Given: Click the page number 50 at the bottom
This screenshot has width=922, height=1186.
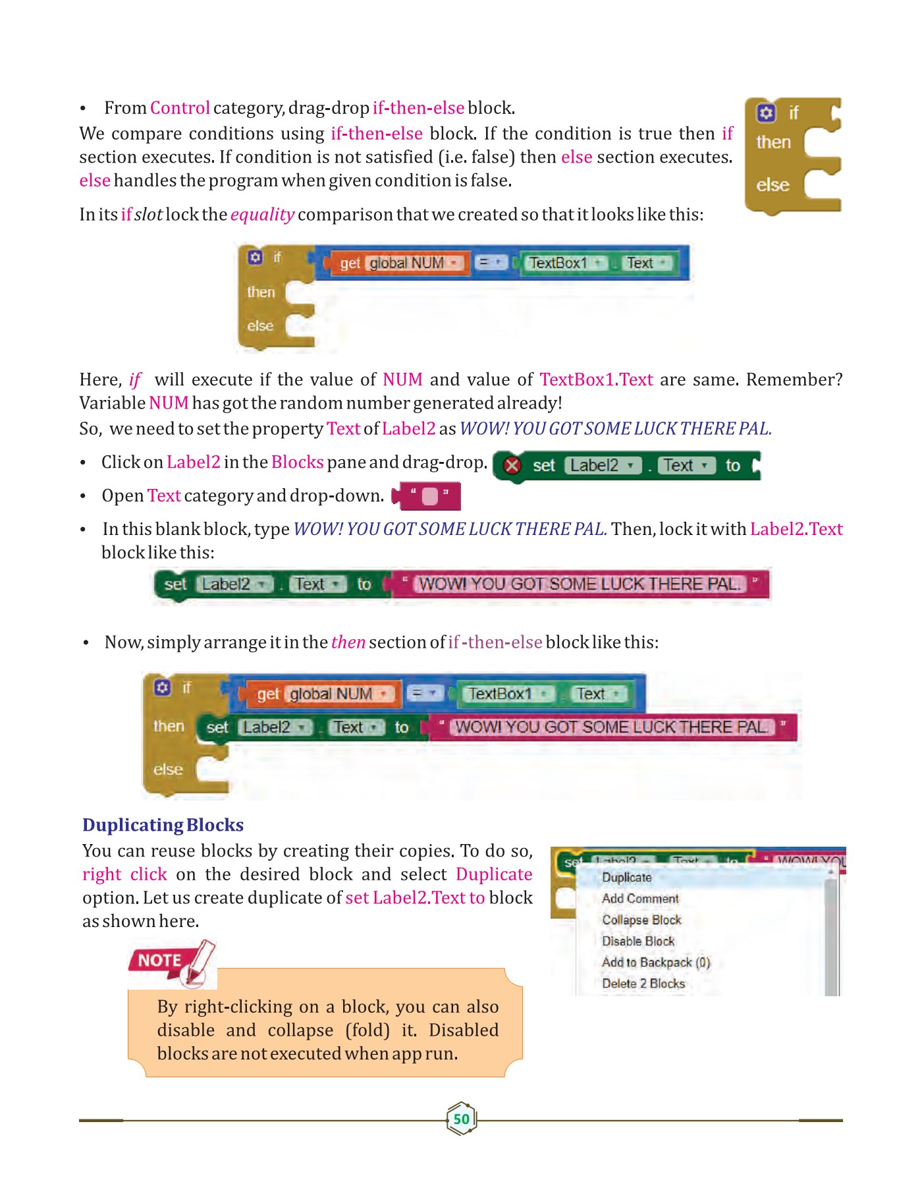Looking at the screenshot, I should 462,1118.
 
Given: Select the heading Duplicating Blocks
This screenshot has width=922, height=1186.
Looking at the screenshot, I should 163,825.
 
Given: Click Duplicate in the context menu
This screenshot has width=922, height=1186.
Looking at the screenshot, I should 626,878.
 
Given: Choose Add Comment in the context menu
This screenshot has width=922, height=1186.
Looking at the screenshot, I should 639,899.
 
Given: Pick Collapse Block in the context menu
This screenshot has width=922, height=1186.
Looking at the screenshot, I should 641,920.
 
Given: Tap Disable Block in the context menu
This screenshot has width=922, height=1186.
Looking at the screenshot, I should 638,941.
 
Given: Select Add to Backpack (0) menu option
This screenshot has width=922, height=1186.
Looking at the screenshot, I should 655,963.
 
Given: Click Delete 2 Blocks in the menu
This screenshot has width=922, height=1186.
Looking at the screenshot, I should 643,984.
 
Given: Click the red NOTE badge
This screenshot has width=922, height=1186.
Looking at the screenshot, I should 160,961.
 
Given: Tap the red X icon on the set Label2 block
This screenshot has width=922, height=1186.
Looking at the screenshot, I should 512,466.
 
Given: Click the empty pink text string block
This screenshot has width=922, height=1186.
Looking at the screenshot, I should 429,496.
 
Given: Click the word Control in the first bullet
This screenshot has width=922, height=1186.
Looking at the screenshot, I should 180,108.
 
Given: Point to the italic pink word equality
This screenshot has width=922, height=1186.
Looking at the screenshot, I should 262,215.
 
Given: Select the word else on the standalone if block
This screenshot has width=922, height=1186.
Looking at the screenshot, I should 773,185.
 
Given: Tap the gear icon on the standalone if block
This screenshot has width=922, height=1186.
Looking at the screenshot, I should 765,113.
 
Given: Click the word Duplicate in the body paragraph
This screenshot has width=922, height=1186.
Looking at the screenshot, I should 494,874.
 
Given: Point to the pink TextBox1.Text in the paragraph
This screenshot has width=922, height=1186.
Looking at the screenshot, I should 596,380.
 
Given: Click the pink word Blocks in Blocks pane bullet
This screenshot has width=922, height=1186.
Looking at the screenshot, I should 297,463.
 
